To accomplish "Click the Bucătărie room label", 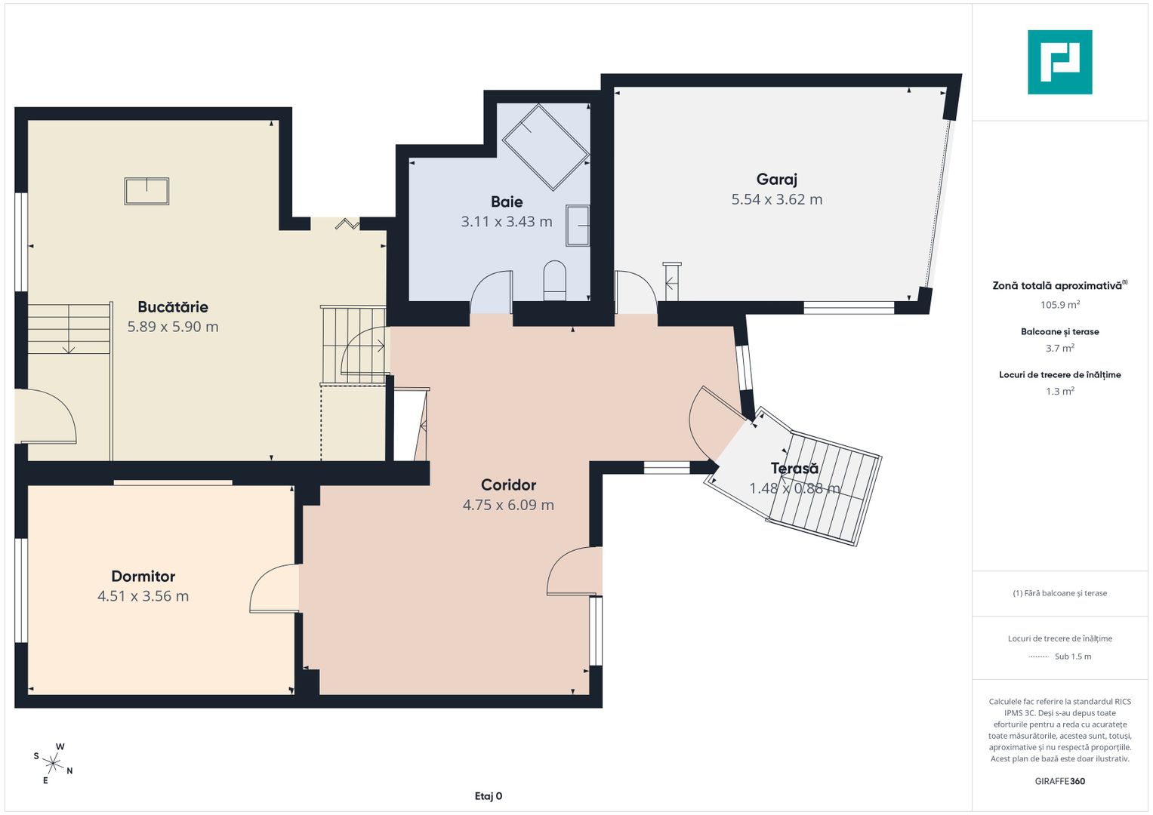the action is pyautogui.click(x=173, y=307).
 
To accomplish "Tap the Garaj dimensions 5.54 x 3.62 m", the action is pyautogui.click(x=777, y=199).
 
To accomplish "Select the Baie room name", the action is pyautogui.click(x=507, y=201).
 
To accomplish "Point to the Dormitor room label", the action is pyautogui.click(x=143, y=577).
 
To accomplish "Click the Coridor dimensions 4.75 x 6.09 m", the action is pyautogui.click(x=508, y=505).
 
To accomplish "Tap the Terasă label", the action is pyautogui.click(x=794, y=468).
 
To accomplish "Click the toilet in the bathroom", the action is pyautogui.click(x=554, y=281).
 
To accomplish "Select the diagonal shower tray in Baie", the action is pyautogui.click(x=546, y=147).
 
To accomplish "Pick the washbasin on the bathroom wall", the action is pyautogui.click(x=578, y=226).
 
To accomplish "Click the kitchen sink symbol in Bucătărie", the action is pyautogui.click(x=146, y=192).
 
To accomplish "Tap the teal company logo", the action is pyautogui.click(x=1060, y=62).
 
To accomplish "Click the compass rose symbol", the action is pyautogui.click(x=53, y=764).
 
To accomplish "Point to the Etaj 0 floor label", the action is pyautogui.click(x=488, y=796).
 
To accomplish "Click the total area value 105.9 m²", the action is pyautogui.click(x=1060, y=305).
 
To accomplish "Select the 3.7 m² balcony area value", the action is pyautogui.click(x=1060, y=349).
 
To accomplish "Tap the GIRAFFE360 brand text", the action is pyautogui.click(x=1060, y=781).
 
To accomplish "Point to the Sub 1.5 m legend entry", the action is pyautogui.click(x=1073, y=657).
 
